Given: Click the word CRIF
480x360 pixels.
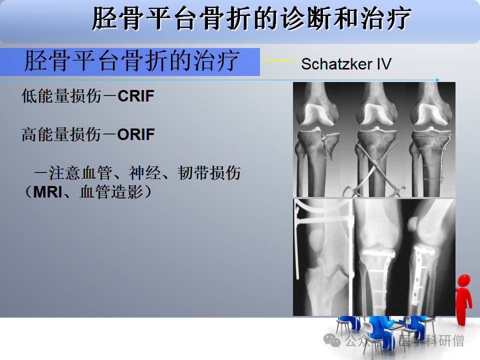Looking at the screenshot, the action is (x=135, y=96).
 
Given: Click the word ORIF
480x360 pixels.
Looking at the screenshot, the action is (x=136, y=134).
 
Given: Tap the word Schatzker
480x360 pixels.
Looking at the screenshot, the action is (x=336, y=64).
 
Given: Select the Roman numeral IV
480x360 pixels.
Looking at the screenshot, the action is (x=384, y=64).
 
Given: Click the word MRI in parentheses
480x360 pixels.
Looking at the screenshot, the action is (x=48, y=192).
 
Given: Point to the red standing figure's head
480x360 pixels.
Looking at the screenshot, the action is (x=464, y=280).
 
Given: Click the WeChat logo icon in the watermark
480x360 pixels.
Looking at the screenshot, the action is (x=332, y=340).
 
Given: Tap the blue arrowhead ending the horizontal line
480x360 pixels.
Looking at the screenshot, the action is (x=438, y=80).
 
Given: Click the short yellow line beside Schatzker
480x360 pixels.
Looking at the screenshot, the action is (x=280, y=60).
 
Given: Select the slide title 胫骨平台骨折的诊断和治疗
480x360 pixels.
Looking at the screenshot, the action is (x=251, y=18).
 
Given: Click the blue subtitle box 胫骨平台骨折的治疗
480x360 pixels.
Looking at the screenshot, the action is (x=130, y=62).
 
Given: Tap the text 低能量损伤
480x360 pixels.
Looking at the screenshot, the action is (x=61, y=96).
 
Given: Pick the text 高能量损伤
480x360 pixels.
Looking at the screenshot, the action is (x=61, y=134).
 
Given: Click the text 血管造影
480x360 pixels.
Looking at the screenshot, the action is (x=111, y=192).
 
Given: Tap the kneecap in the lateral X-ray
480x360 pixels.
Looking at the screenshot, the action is (x=413, y=224).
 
